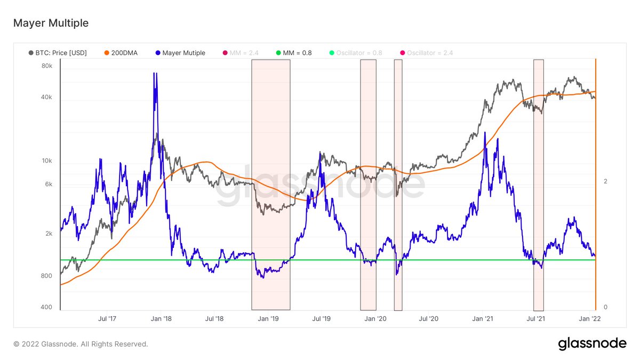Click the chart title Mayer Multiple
(51, 23)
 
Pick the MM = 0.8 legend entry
(294, 53)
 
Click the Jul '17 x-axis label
(107, 319)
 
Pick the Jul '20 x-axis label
(429, 319)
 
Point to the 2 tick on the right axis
(605, 181)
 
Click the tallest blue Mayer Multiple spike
(155, 75)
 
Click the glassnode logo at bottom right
(592, 344)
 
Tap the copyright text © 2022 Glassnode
(81, 344)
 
